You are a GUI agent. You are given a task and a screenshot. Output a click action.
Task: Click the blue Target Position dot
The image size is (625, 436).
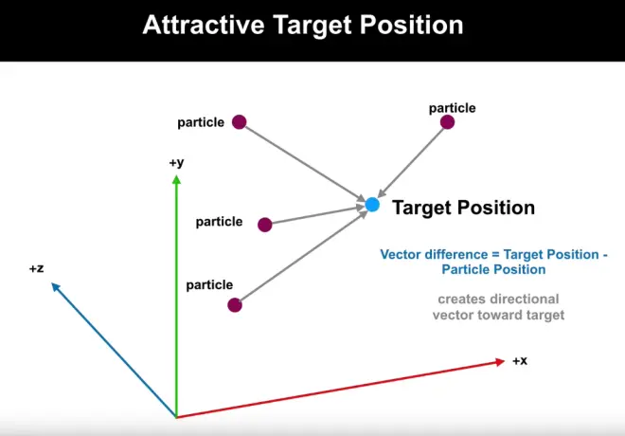coord(372,205)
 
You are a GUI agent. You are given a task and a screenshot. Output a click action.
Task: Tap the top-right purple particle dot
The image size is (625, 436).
coord(447,122)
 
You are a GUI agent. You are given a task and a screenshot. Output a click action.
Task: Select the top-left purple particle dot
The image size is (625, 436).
coord(240,122)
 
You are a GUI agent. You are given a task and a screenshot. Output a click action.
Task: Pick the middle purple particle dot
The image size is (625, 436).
coord(264,225)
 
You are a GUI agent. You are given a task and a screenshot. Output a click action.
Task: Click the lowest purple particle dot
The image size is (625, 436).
coord(235,305)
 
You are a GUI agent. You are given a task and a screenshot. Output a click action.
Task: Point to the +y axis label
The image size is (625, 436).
coord(176,163)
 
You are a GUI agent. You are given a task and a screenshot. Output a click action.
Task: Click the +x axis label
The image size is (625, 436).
coord(520,360)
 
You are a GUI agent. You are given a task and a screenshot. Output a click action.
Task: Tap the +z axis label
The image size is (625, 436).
coord(36,268)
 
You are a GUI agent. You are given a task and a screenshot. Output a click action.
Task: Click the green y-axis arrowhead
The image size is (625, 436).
coord(176,180)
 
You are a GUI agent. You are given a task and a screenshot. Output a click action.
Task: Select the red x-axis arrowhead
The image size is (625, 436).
coord(500,362)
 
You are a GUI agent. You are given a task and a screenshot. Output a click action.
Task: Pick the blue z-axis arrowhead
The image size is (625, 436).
coord(56,286)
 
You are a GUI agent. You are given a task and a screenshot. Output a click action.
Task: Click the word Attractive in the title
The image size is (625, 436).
coord(204,25)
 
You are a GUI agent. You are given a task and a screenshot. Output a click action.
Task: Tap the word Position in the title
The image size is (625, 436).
coord(411,25)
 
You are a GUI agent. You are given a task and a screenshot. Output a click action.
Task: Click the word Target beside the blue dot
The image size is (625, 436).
coord(422,208)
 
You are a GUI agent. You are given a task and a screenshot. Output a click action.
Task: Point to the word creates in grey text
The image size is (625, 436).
coord(458,300)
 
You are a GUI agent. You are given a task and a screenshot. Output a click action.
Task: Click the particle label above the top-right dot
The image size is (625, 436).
coord(452,108)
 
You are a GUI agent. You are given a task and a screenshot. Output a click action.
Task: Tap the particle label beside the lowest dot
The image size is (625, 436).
coord(209,284)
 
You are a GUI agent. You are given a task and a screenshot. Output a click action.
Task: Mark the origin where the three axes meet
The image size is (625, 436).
coord(176,417)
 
